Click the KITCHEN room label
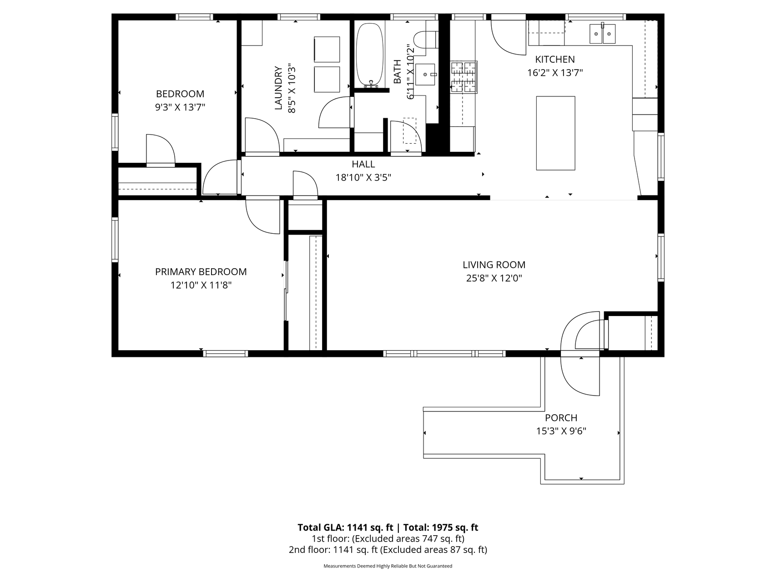point(554,59)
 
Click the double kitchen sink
point(602,33)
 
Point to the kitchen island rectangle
point(555,133)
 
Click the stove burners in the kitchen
point(464,77)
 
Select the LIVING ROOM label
point(494,265)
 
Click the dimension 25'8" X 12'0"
point(494,278)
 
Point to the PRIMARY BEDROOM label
point(201,272)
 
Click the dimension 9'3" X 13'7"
point(180,107)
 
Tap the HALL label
point(363,164)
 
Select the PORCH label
point(561,418)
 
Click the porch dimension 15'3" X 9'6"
point(561,431)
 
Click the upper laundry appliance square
point(327,49)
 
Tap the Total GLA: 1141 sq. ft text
point(345,527)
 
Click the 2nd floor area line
point(388,550)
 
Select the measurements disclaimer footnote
point(388,566)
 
